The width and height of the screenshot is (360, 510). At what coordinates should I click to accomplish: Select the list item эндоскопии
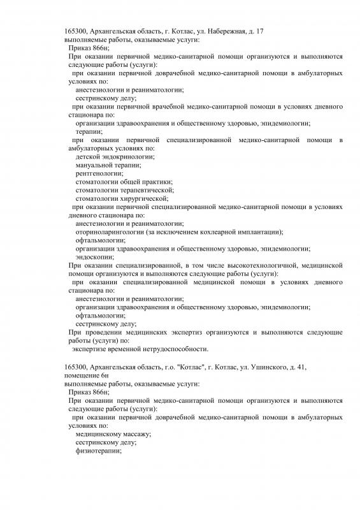click(94, 257)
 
